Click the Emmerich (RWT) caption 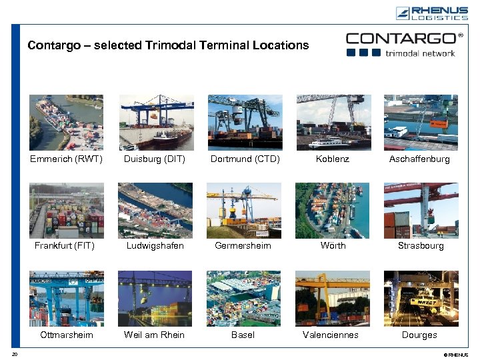(66, 159)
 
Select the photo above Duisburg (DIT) (156, 122)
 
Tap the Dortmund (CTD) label (245, 159)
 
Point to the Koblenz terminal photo (333, 122)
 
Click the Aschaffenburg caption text (419, 159)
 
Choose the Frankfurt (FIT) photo (66, 210)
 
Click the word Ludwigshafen (155, 246)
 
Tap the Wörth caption (333, 246)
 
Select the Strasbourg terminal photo (421, 210)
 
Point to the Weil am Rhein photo (155, 298)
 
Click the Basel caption (243, 335)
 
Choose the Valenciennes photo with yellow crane (332, 298)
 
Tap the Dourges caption (419, 335)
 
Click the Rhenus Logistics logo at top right (431, 13)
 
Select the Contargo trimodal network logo (405, 44)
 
